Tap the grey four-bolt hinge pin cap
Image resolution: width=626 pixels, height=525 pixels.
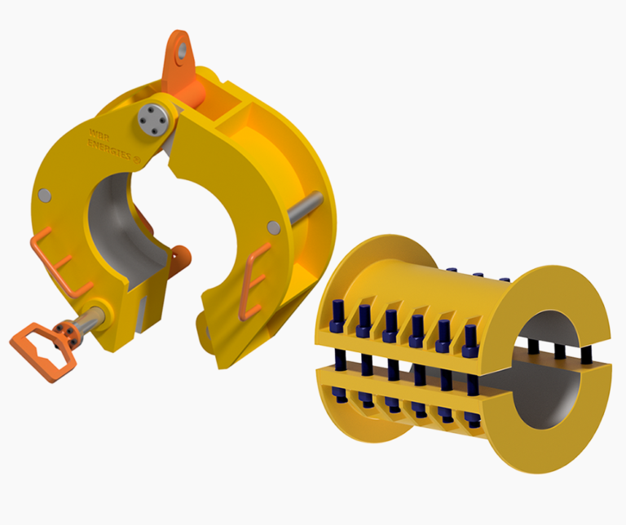tap(152, 118)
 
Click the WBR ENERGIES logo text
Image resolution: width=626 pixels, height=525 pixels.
tap(109, 143)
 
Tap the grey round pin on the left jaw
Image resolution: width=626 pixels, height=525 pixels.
tap(45, 196)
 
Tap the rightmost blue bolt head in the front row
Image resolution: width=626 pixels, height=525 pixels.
tap(469, 339)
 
